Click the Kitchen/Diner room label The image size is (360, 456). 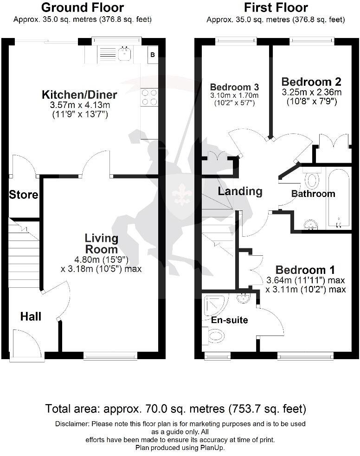[79, 95]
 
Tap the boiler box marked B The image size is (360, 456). [152, 55]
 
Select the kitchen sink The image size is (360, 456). [125, 55]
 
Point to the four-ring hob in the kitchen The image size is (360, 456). [149, 97]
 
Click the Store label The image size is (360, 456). [24, 195]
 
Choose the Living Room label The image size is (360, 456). [101, 244]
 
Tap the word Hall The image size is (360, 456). [31, 317]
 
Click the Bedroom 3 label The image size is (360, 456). [234, 87]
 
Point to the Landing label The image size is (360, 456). [240, 191]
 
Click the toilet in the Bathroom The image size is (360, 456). [312, 178]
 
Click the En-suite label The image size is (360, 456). [229, 320]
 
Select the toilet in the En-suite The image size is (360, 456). [216, 335]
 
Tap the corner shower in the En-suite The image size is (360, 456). [214, 304]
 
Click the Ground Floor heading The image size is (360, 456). [83, 8]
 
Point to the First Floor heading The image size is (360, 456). [276, 8]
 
